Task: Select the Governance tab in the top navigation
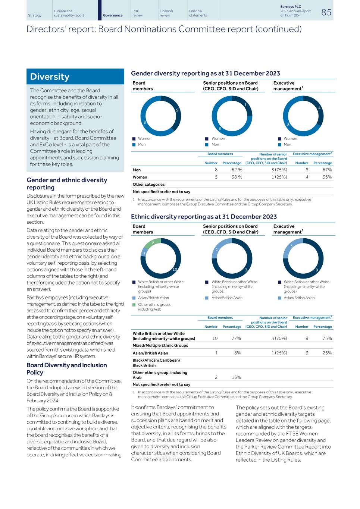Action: tap(113, 15)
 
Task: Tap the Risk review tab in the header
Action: tap(137, 13)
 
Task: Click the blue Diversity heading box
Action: tap(75, 76)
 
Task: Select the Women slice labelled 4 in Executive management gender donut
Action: tap(319, 108)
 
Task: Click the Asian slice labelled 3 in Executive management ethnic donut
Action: tap(291, 246)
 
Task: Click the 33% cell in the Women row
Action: tap(327, 177)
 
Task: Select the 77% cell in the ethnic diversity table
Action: tap(236, 338)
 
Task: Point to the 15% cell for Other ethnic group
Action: tap(236, 377)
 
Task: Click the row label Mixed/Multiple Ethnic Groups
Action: tap(160, 345)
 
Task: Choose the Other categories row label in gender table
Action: tap(148, 184)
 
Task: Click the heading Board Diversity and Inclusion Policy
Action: tap(66, 368)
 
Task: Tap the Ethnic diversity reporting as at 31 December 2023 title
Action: tap(204, 217)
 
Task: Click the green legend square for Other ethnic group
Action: tap(134, 305)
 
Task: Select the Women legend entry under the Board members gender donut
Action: tap(144, 138)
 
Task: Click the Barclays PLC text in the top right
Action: tap(290, 7)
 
